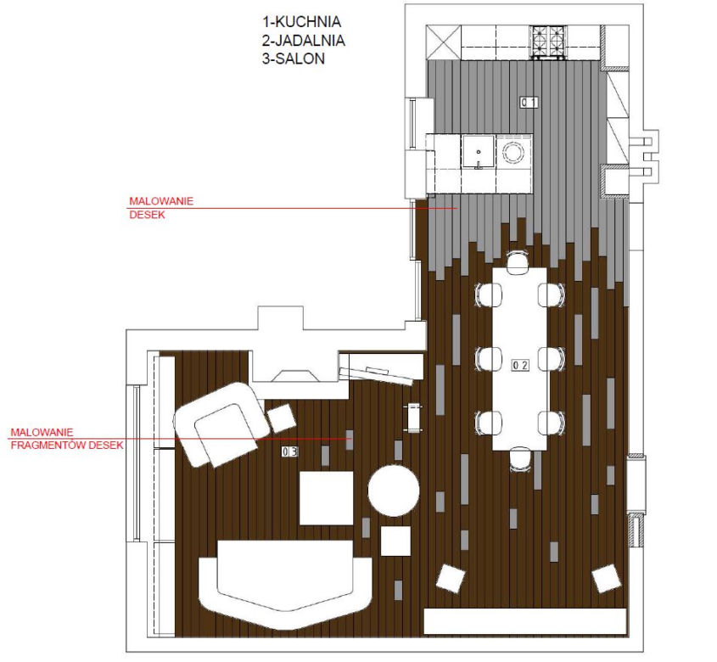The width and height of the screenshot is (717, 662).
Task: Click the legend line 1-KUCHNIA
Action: tap(302, 21)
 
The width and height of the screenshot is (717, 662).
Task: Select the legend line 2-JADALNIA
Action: tap(304, 40)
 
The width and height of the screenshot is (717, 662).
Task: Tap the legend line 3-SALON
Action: tap(294, 59)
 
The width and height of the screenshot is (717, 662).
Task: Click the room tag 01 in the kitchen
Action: tap(529, 102)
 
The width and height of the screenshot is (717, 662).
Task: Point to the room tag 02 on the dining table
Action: tap(520, 365)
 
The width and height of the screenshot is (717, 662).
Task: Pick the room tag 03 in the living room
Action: tap(289, 452)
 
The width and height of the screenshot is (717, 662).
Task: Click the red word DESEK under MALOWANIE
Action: tap(147, 215)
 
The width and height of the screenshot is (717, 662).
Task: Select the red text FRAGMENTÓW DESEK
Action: tap(67, 445)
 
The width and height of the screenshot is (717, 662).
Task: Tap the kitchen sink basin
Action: tap(478, 151)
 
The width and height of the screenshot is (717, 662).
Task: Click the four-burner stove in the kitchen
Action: tap(548, 42)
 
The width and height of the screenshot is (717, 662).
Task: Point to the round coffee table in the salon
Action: tap(394, 491)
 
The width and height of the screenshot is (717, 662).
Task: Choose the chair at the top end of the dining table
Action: tap(518, 262)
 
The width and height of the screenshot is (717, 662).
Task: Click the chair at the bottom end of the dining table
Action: tap(521, 459)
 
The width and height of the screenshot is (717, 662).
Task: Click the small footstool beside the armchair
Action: tap(282, 418)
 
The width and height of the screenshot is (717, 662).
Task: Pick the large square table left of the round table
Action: tap(326, 497)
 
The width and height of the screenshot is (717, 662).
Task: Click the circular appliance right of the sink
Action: tap(513, 151)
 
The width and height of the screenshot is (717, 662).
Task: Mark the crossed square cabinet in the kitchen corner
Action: tap(444, 42)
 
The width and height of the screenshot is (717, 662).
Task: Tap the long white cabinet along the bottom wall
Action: tap(525, 621)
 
